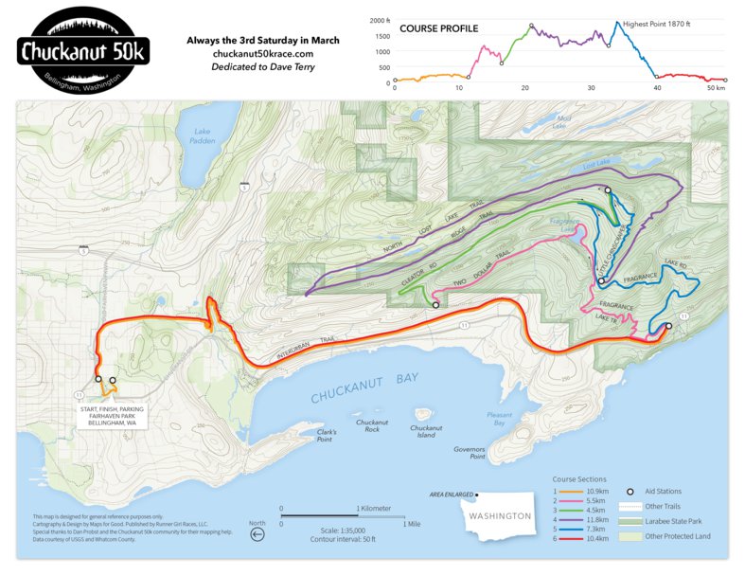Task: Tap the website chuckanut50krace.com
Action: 263,54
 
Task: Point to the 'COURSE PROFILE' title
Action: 437,28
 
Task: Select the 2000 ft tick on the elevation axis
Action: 381,20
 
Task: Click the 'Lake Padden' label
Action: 203,136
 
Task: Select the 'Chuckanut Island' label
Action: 425,431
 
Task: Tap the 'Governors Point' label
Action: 469,453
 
